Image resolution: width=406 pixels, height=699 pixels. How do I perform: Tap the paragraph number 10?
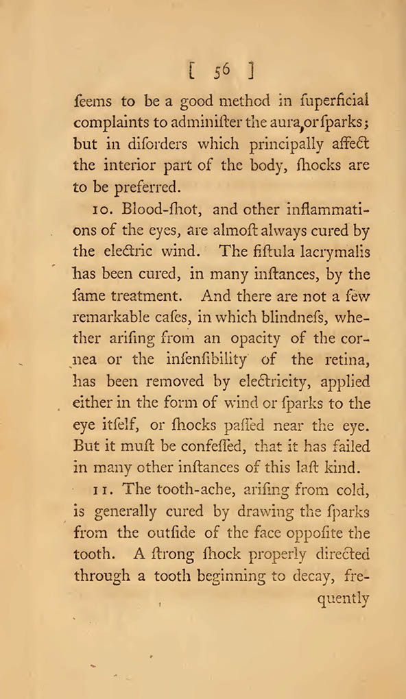85,210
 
